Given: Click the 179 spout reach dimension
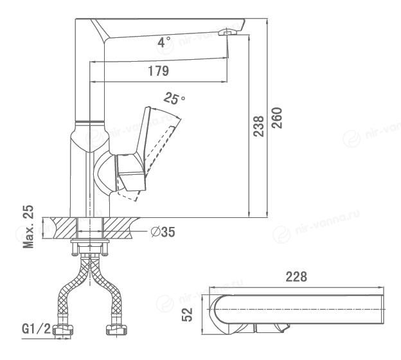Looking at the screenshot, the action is [159, 71].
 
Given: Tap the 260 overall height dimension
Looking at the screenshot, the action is [277, 118].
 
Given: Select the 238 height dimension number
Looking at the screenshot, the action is [258, 126].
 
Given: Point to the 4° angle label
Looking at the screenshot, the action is [164, 42].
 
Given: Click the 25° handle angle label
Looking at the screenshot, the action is [174, 98].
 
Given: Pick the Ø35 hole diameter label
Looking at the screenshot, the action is [163, 232].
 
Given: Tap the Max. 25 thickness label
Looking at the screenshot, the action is [28, 227].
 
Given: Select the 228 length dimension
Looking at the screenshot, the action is [296, 276].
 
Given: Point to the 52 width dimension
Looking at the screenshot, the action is [187, 314].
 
